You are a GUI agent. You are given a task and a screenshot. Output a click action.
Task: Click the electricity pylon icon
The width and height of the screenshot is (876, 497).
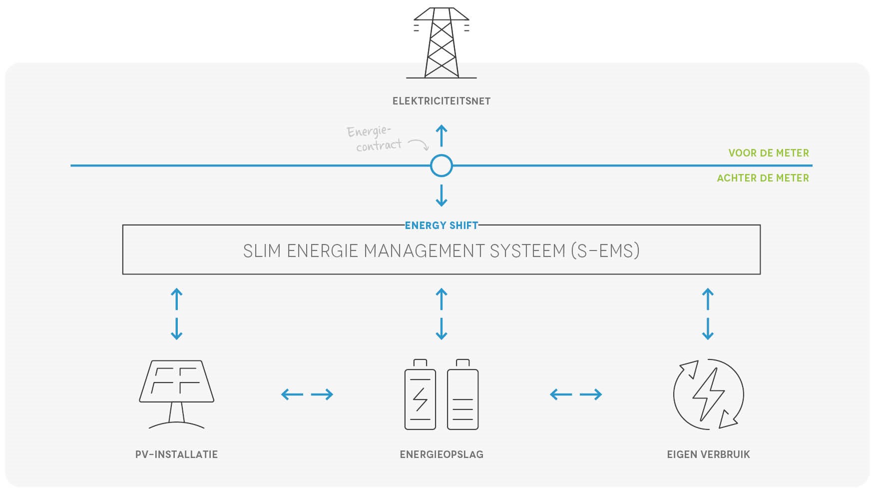coord(441,43)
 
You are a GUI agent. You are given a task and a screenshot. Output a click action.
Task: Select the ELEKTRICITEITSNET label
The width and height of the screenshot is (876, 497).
coord(441,101)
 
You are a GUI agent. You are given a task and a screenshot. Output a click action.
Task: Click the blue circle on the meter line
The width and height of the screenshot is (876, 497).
coord(441,165)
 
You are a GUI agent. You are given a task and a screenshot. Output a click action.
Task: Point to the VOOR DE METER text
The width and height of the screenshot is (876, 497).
coord(768,153)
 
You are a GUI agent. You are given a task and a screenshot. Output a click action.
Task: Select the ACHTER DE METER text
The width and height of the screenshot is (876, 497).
coord(763,178)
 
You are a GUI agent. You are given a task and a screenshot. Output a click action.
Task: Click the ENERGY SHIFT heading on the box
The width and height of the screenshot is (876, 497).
coord(441,225)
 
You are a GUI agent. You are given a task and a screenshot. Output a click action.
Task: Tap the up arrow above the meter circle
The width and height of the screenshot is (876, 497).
coord(441,135)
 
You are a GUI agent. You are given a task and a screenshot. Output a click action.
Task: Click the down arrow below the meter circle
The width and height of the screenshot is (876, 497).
coord(441,195)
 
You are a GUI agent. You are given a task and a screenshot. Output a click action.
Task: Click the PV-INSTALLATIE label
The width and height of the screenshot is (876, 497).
coord(176,454)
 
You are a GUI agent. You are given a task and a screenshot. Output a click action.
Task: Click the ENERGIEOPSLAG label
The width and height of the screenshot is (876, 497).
coord(441,454)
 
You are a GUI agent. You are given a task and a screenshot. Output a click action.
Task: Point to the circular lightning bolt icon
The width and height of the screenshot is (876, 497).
coord(708,394)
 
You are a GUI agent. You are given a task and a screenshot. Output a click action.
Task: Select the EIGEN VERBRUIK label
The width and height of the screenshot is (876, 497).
coord(708,454)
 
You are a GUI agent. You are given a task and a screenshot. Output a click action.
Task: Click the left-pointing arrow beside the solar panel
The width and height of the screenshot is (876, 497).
coord(292,394)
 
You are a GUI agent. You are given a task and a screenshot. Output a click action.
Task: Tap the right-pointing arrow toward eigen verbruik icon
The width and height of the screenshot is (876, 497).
coord(591,394)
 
